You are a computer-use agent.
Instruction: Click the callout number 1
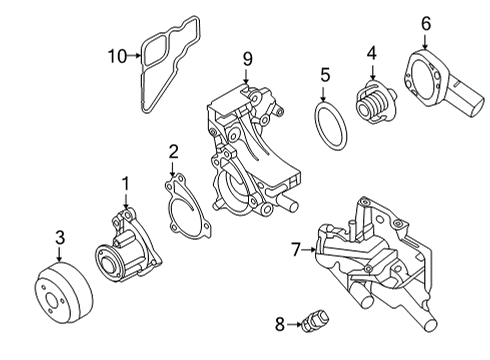pos(126,183)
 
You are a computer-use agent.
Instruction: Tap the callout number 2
pos(173,151)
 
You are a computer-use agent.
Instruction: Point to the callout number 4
pos(371,53)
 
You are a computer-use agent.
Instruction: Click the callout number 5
pos(325,74)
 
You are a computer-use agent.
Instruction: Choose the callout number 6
pos(425,23)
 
